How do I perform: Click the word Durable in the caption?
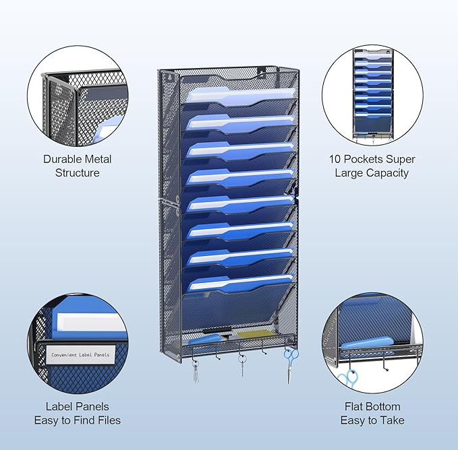(61, 159)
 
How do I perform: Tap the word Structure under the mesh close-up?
(78, 172)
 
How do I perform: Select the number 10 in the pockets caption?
(335, 159)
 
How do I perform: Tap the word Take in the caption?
(393, 420)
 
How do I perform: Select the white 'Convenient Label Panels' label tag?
(80, 354)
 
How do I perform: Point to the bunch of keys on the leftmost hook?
(196, 371)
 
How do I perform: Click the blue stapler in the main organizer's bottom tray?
(206, 339)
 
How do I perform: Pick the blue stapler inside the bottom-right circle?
(368, 343)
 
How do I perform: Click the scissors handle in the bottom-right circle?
(348, 377)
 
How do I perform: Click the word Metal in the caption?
(97, 159)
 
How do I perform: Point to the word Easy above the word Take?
(353, 420)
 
